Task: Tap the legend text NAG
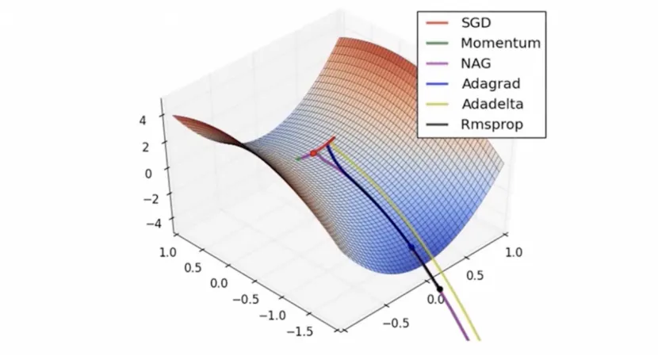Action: tap(475, 63)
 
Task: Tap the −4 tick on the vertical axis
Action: tap(142, 224)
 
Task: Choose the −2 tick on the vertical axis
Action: tap(142, 198)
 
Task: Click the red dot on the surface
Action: tap(313, 151)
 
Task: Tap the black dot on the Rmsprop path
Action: tap(439, 288)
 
